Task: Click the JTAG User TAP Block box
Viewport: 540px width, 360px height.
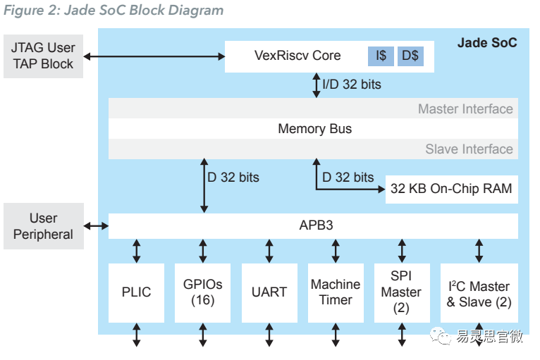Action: [42, 56]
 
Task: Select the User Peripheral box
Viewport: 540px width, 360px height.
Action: [43, 226]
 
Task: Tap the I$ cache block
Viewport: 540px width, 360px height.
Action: [381, 56]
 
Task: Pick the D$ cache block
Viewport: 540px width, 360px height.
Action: [410, 56]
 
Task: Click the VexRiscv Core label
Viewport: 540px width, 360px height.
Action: [297, 56]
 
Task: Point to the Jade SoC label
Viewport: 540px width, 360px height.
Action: [486, 43]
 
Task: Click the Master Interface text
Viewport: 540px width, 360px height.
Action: [465, 109]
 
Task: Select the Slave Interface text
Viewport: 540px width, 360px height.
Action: [469, 149]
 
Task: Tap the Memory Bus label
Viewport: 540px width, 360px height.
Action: [314, 129]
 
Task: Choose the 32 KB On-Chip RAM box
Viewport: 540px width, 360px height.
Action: [451, 189]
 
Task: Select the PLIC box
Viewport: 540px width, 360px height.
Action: [137, 292]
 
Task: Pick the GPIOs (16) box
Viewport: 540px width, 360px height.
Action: [203, 292]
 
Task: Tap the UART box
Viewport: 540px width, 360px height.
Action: [269, 292]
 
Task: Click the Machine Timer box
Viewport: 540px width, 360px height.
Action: [336, 292]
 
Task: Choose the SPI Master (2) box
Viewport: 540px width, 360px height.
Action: [402, 292]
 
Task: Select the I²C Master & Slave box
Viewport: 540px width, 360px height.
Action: [479, 294]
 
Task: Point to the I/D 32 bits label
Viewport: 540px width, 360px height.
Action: [351, 85]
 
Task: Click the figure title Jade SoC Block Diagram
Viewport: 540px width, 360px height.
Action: [113, 11]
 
